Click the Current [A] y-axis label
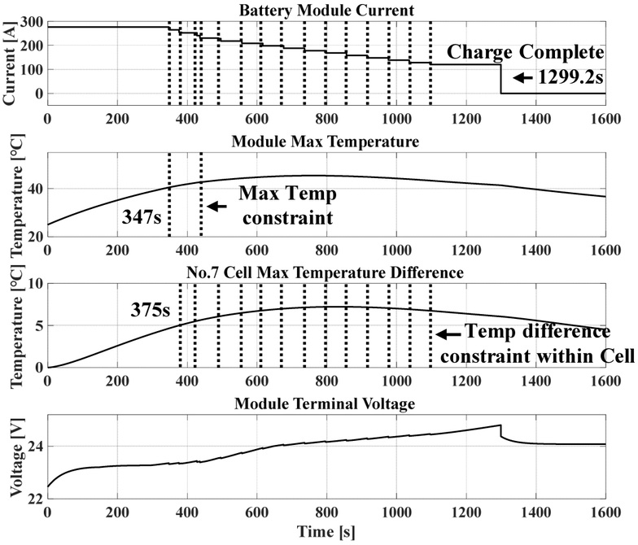[x=10, y=60]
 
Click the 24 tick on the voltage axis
[x=33, y=447]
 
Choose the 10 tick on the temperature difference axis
[x=33, y=284]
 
